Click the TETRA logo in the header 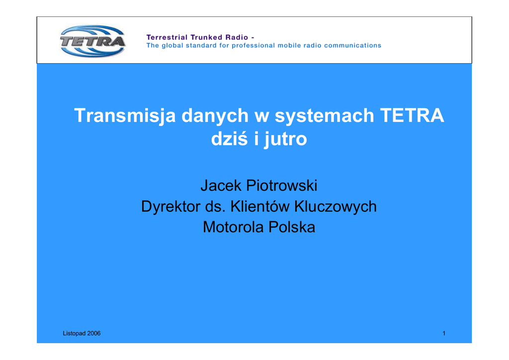coord(93,41)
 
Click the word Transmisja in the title coord(125,116)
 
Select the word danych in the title coord(215,116)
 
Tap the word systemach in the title coord(324,116)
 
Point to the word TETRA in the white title coord(412,115)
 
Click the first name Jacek coord(221,185)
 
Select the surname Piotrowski coord(282,185)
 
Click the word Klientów coord(259,206)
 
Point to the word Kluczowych coord(336,206)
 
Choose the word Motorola coord(233,227)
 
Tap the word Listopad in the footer coord(74,333)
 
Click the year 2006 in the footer coord(94,333)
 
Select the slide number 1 coord(444,333)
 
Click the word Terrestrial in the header coord(167,37)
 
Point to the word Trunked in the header coord(206,37)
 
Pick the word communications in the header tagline coord(352,45)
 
